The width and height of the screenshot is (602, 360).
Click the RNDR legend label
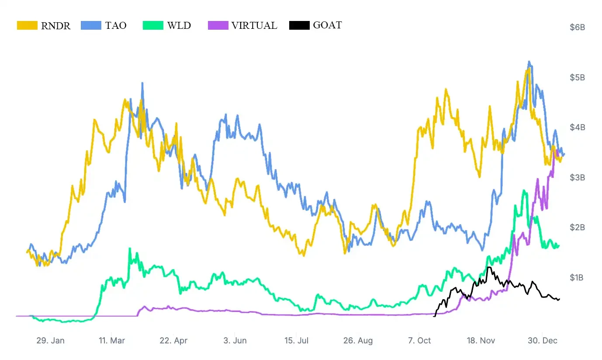click(55, 25)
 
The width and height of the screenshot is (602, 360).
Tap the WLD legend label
click(179, 25)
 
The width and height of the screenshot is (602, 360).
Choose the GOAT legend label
click(327, 25)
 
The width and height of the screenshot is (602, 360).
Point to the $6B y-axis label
click(577, 28)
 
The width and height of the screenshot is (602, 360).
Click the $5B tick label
click(577, 77)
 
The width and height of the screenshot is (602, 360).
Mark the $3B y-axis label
click(577, 177)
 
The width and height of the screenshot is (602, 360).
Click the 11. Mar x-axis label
click(111, 341)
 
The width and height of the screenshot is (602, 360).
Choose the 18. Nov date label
click(481, 341)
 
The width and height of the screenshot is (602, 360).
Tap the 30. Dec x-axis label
click(543, 341)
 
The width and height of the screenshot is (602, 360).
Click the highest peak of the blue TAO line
click(529, 62)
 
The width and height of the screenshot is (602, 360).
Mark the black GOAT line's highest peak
click(488, 267)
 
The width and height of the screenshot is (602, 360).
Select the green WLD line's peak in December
click(524, 190)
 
